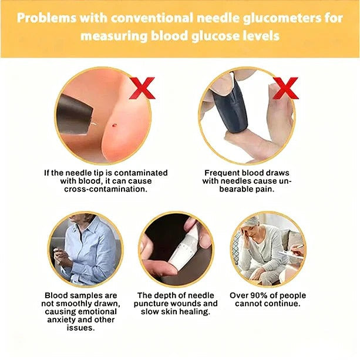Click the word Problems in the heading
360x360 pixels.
[x=46, y=18]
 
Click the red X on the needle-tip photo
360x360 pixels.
[x=142, y=88]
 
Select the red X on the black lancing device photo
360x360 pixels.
[x=285, y=88]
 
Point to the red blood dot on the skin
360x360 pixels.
[x=115, y=125]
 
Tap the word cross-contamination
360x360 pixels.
[x=106, y=189]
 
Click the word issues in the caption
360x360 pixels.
[x=80, y=328]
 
